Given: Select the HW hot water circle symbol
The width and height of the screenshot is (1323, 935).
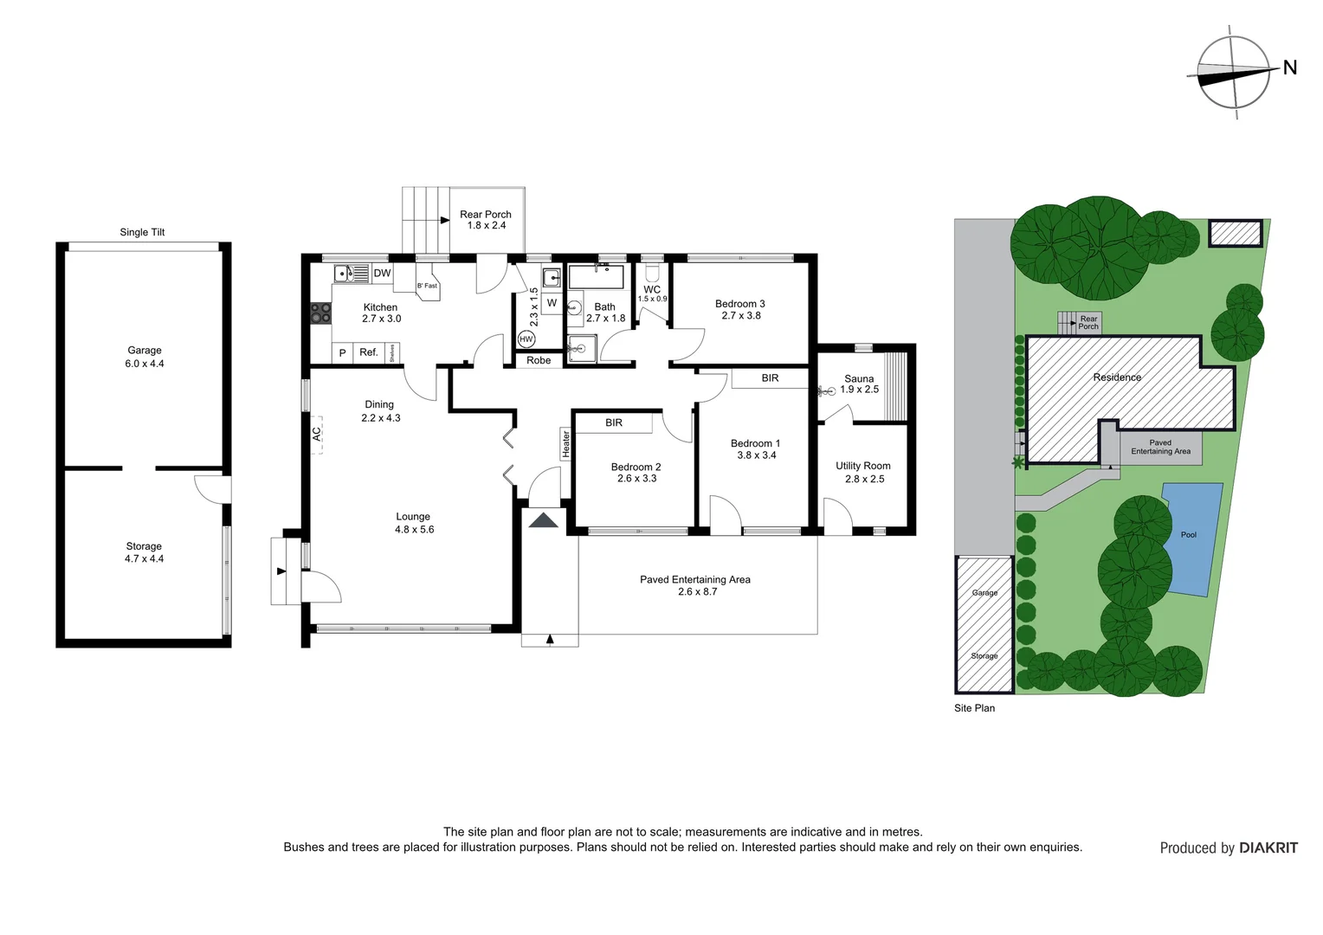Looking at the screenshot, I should (x=526, y=339).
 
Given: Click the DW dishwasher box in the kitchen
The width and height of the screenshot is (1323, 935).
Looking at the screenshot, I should (x=382, y=273).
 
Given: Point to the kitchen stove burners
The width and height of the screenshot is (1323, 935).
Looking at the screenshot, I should (x=320, y=313).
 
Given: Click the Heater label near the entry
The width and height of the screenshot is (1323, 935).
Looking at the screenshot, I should (x=566, y=443).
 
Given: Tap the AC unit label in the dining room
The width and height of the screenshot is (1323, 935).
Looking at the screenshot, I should (x=317, y=433).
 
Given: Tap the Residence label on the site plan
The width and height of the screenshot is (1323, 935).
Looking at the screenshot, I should (x=1117, y=377).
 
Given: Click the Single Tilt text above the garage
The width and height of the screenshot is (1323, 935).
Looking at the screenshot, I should (x=142, y=232).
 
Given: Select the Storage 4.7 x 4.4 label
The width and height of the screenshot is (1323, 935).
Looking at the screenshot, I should (x=144, y=552).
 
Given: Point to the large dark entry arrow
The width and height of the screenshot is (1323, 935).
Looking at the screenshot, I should (x=544, y=519).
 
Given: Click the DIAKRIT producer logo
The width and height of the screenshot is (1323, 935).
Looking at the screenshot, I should (x=1268, y=848).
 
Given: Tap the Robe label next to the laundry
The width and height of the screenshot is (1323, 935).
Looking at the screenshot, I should (x=539, y=360).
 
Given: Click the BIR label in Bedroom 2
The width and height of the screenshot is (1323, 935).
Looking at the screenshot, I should (x=614, y=422).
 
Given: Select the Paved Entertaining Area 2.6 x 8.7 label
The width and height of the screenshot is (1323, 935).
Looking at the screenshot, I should (x=695, y=585).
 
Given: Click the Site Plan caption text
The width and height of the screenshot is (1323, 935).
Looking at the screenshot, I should (x=974, y=708).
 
